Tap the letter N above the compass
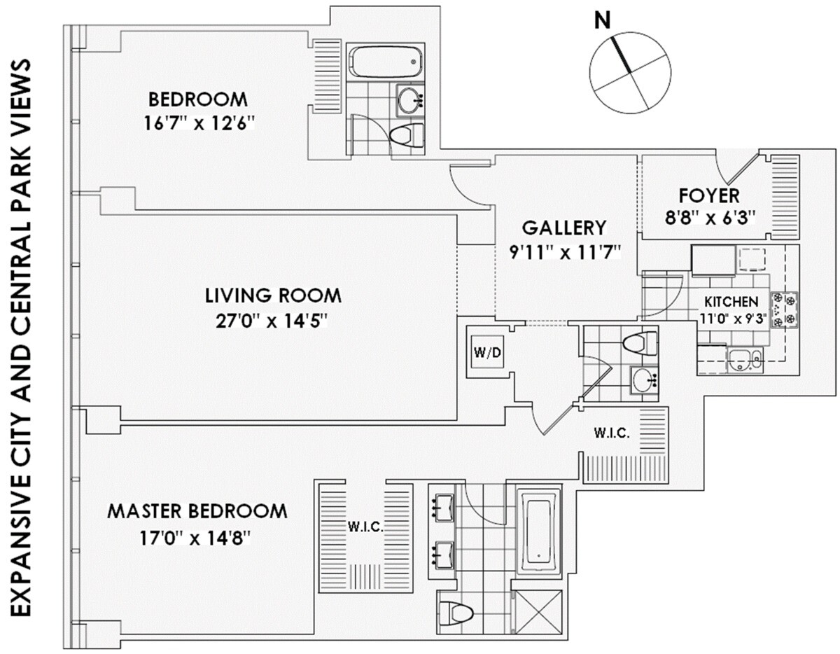pyautogui.click(x=601, y=21)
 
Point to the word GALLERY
pyautogui.click(x=564, y=228)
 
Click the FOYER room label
pyautogui.click(x=708, y=195)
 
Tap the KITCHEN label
pyautogui.click(x=731, y=302)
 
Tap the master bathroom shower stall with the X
pyautogui.click(x=539, y=613)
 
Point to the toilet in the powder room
pyautogui.click(x=639, y=343)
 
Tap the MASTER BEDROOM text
pyautogui.click(x=197, y=511)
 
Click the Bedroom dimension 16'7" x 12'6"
pyautogui.click(x=198, y=123)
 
